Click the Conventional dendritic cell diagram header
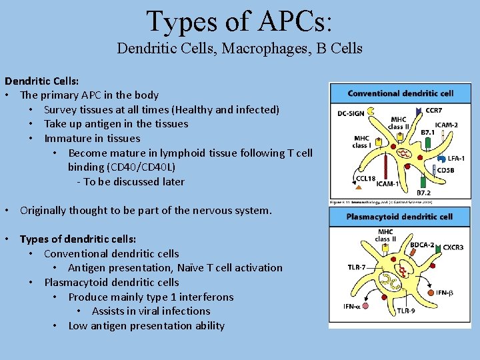(400, 93)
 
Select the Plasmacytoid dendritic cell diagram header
(400, 217)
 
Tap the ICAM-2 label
(446, 125)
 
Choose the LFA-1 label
(457, 158)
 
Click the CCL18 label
(366, 178)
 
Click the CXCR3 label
(453, 247)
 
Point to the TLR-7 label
(356, 267)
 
